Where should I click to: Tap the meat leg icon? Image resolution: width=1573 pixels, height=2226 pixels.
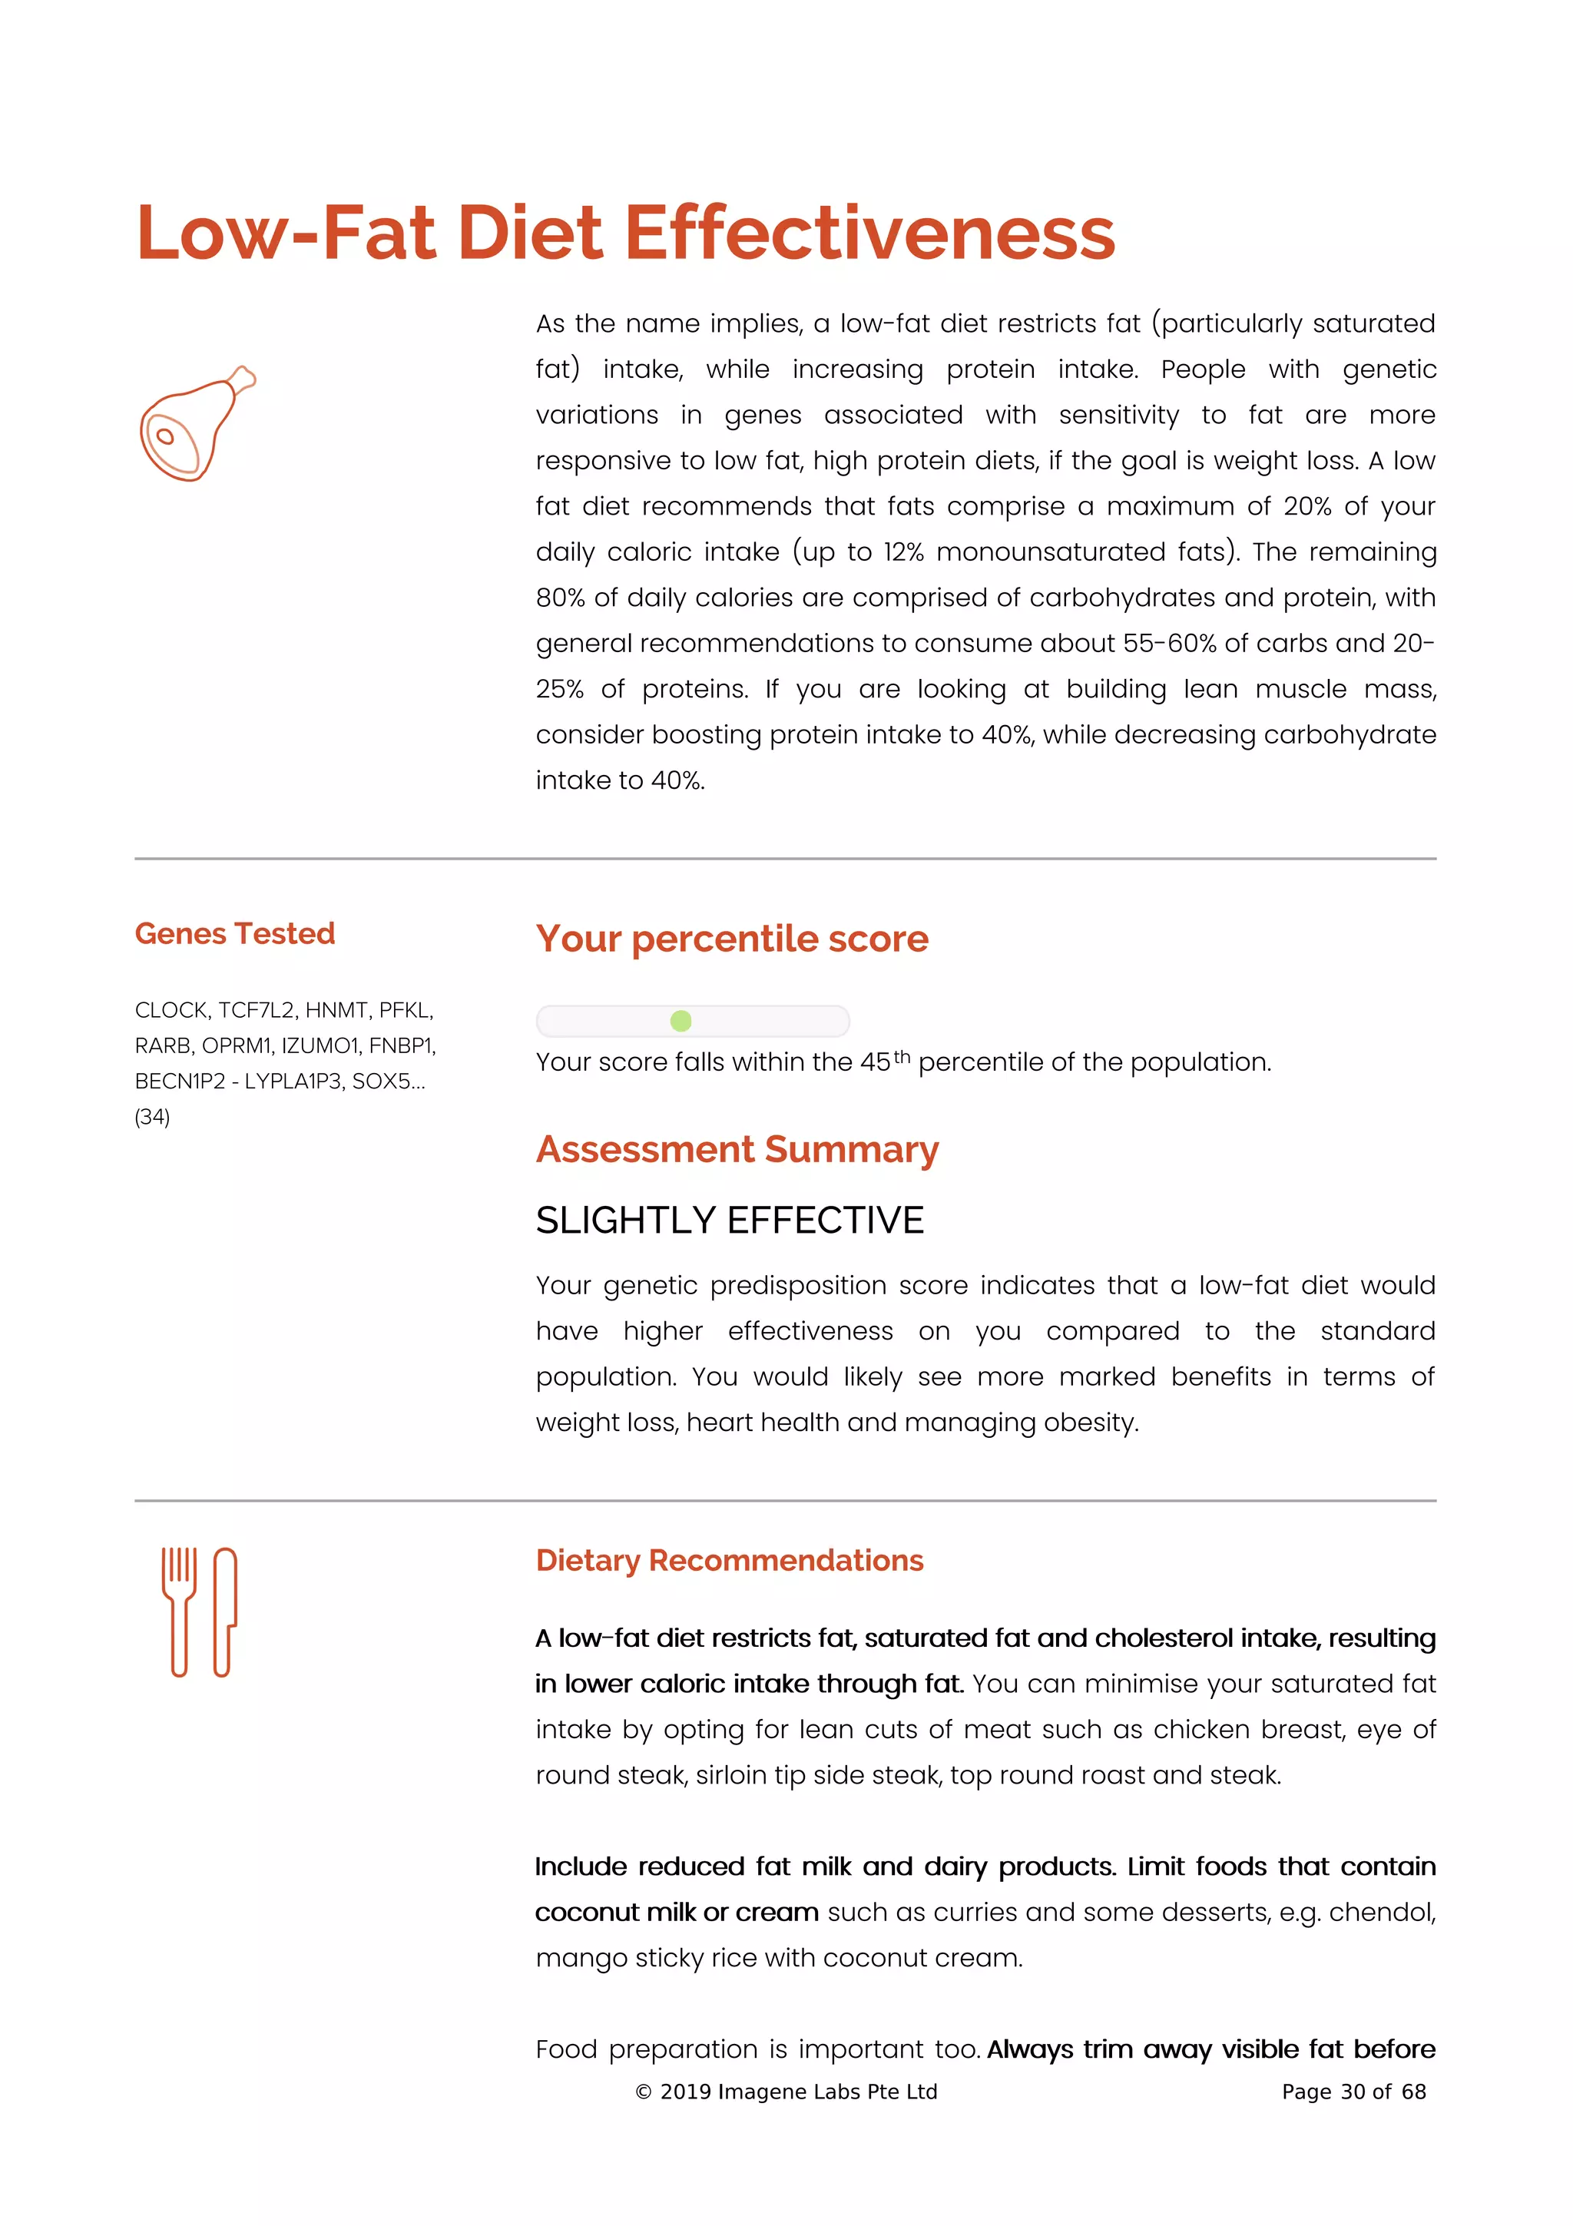coord(193,426)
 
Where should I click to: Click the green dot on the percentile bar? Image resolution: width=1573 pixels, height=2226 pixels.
coord(681,1021)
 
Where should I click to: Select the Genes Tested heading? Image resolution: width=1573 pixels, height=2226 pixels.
coord(234,933)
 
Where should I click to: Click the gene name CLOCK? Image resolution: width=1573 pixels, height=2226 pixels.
coord(171,1010)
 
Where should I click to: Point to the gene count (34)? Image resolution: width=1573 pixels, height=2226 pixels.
coord(152,1117)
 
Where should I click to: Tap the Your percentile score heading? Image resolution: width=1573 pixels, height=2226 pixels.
coord(732,939)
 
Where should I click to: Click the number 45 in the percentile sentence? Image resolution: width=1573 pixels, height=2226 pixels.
coord(874,1062)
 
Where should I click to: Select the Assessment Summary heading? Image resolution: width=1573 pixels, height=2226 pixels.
coord(737,1149)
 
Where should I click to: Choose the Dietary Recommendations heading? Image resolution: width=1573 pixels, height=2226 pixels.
coord(729,1561)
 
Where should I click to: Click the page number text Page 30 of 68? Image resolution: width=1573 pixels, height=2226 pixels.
coord(1353,2092)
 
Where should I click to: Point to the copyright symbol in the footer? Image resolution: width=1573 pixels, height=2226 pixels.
coord(643,2092)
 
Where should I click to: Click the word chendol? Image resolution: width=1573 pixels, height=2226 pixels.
coord(1380,1913)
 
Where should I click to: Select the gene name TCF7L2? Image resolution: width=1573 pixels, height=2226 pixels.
coord(255,1010)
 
